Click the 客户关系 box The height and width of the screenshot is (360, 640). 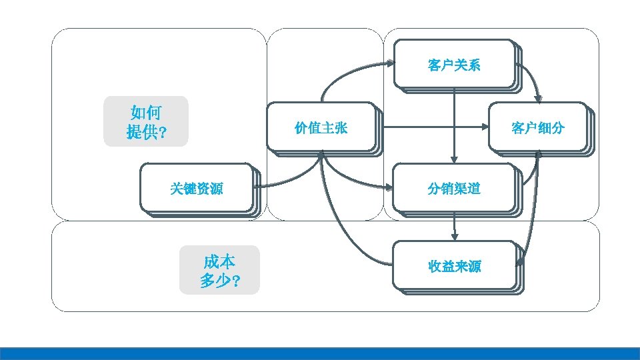pyautogui.click(x=454, y=65)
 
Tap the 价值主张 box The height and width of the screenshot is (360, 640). pyautogui.click(x=321, y=127)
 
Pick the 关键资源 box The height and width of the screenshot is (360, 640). pyautogui.click(x=196, y=189)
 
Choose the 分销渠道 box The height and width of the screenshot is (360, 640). pyautogui.click(x=454, y=189)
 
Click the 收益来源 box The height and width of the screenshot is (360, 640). pyautogui.click(x=454, y=267)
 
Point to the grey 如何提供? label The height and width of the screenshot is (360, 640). pyautogui.click(x=146, y=121)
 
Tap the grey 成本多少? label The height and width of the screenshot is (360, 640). pyautogui.click(x=219, y=270)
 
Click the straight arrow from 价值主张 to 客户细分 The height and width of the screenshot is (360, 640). pyautogui.click(x=433, y=127)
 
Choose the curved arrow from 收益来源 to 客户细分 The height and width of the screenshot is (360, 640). pyautogui.click(x=532, y=213)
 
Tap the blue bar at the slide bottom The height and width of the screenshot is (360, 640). pyautogui.click(x=320, y=353)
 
